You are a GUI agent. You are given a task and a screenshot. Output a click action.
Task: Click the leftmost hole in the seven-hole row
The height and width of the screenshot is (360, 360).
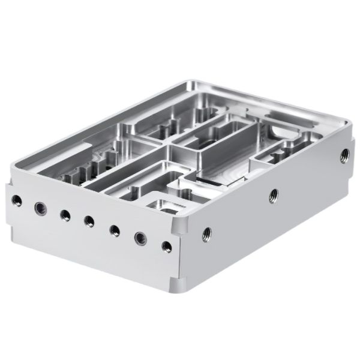[x=16, y=200]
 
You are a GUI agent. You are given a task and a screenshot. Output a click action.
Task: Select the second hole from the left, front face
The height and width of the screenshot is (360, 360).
[x=40, y=208]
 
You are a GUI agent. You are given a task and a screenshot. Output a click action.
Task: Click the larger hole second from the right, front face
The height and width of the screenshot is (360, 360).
[x=139, y=237]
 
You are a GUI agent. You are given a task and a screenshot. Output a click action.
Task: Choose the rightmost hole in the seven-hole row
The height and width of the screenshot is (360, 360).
[x=164, y=245]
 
